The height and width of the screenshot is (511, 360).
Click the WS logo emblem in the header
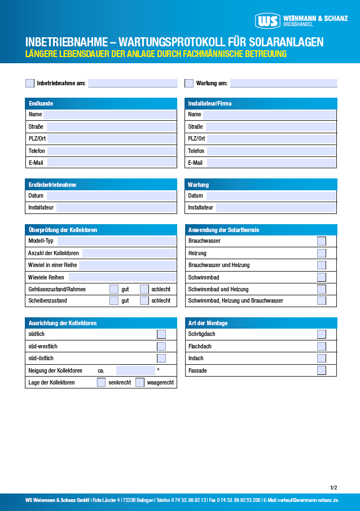point(267,21)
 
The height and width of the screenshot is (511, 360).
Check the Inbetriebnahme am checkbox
point(30,83)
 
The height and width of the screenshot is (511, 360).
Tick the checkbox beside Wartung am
point(189,83)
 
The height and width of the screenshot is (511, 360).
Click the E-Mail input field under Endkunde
point(111,163)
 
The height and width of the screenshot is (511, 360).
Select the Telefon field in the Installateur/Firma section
point(271,151)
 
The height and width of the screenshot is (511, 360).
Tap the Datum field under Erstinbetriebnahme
point(111,195)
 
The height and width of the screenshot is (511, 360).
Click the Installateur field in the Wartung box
point(276,207)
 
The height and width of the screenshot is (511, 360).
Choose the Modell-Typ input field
point(116,241)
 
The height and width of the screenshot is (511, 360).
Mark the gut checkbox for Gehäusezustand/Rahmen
point(114,289)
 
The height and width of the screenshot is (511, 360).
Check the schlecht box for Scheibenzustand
point(144,301)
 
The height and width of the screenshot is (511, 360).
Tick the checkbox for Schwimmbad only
point(322,277)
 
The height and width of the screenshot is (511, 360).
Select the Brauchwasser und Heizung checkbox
point(322,265)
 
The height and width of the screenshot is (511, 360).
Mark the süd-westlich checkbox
point(161,346)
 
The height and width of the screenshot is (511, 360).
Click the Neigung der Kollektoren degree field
point(135,370)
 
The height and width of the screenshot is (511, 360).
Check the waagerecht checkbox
point(140,382)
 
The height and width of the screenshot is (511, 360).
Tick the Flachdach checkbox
point(322,346)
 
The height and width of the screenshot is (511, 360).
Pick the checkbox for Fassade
point(322,370)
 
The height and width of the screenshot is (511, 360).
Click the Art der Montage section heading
point(208,323)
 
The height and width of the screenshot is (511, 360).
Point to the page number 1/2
point(333,487)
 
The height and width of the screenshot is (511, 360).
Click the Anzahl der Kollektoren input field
point(129,253)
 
